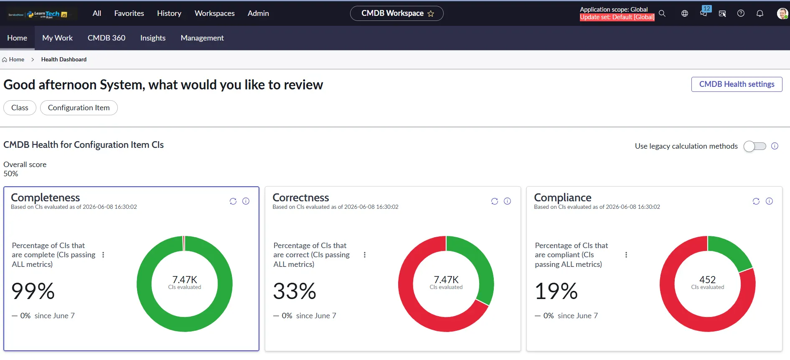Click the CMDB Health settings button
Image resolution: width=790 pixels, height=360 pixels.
pos(737,84)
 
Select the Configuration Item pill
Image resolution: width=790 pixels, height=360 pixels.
pos(79,108)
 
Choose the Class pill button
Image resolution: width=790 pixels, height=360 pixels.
pos(20,108)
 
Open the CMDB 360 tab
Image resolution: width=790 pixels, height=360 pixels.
pos(107,38)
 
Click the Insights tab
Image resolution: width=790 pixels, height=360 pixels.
pos(153,38)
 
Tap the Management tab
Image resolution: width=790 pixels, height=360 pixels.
pos(202,38)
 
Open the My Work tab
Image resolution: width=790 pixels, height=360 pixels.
pos(57,38)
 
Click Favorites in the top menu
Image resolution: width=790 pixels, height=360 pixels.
pos(129,13)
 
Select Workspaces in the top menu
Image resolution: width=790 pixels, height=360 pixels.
pos(215,13)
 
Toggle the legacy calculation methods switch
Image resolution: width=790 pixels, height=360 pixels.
pos(754,146)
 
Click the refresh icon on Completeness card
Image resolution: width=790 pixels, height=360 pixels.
pos(233,201)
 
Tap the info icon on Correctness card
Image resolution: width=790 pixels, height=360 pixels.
pos(507,201)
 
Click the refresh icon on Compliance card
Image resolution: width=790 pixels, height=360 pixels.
pos(756,201)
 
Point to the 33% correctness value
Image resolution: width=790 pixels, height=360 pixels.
pos(295,291)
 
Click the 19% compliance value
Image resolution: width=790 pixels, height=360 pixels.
pos(556,291)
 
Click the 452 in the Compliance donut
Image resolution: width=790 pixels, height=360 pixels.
pos(707,279)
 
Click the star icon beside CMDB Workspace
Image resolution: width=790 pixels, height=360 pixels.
pos(431,14)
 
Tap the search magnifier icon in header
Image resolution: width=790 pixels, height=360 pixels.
pos(662,13)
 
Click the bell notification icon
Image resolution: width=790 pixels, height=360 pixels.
pos(760,13)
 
